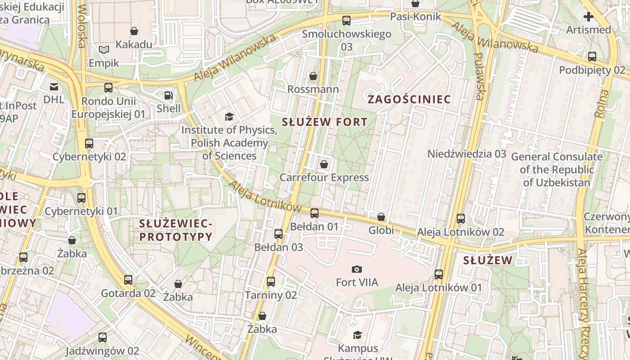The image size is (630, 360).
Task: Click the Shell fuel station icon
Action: (168, 95)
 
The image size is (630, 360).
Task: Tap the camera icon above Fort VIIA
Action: (357, 269)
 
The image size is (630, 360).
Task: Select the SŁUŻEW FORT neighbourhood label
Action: (324, 121)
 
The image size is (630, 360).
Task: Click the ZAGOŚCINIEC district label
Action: (409, 99)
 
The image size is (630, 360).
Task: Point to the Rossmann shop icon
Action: (313, 76)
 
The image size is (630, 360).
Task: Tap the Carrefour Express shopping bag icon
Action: (324, 164)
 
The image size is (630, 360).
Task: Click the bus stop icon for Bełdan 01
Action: (315, 213)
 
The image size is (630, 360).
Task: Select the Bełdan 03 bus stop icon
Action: (279, 234)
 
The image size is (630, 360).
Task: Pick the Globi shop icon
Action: (381, 217)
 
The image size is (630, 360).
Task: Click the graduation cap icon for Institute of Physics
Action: (229, 117)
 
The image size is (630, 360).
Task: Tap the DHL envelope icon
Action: (54, 86)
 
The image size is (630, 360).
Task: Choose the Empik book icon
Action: (104, 49)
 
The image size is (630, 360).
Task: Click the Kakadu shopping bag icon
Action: (134, 31)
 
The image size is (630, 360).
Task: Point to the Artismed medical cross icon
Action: (588, 17)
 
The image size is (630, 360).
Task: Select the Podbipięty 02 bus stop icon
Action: (592, 57)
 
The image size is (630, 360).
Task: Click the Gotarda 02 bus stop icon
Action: (128, 280)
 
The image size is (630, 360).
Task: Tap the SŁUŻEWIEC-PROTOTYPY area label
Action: (175, 229)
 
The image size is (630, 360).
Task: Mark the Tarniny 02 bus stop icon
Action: (270, 282)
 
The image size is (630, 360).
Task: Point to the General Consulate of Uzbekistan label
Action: (557, 170)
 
